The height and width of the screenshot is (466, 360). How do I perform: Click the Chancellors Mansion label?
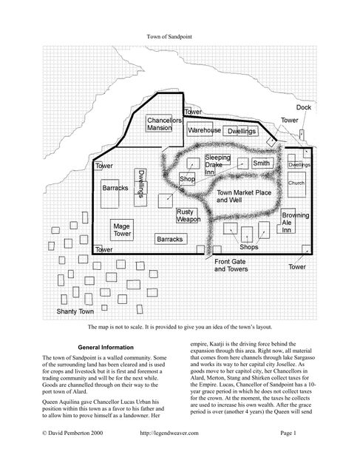(x=163, y=124)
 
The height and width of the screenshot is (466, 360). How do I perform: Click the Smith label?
(x=261, y=163)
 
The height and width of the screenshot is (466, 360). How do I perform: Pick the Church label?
(x=296, y=183)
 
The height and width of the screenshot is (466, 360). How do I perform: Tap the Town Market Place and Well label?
(x=241, y=196)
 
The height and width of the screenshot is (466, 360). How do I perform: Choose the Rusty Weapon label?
(x=188, y=215)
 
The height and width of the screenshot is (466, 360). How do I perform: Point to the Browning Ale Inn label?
(x=295, y=222)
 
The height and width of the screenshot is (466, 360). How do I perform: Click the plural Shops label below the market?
(x=249, y=246)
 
